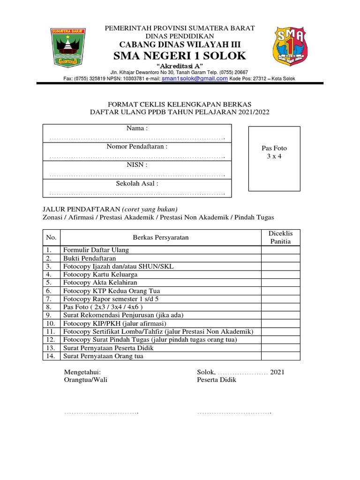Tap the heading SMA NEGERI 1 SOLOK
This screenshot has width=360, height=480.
coord(180,56)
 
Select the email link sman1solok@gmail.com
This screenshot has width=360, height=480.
coord(195,79)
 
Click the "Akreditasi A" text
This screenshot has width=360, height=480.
coord(180,66)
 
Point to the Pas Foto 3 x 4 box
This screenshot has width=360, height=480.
coord(274,158)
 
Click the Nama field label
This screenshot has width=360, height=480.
coord(137,128)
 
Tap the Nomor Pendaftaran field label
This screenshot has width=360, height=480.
coord(137,147)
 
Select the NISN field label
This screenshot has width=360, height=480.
coord(137,165)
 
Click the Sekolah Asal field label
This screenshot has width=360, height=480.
coord(137,183)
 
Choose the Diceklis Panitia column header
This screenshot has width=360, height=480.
coord(280,237)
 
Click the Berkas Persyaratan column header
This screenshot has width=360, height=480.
coord(161,237)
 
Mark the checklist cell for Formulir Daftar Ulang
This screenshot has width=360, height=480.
coord(280,250)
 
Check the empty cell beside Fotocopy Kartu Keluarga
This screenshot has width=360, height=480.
coord(280,274)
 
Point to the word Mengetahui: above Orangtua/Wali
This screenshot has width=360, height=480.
coord(82,372)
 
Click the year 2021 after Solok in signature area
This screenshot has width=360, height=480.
coord(277,372)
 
